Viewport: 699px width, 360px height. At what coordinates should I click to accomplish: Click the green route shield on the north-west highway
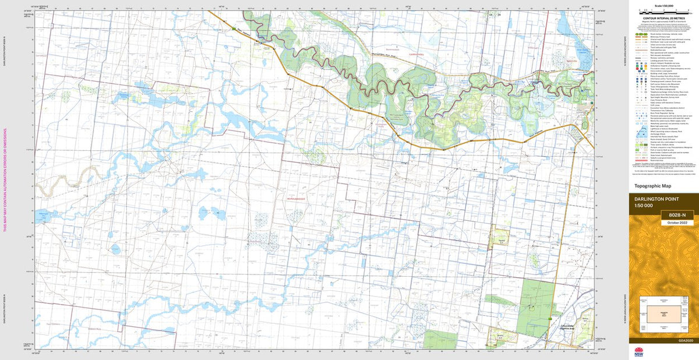234,27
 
